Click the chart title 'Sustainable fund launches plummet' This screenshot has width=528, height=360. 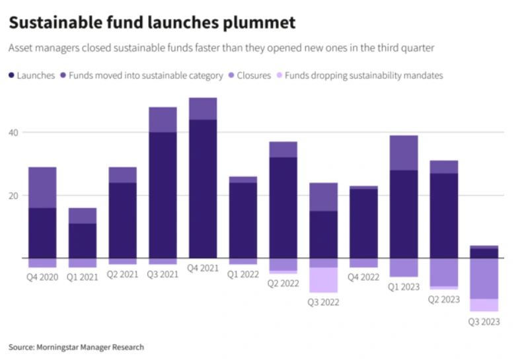coord(151,23)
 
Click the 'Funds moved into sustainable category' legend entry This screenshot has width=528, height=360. coord(141,75)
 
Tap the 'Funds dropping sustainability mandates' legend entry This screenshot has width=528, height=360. coord(362,75)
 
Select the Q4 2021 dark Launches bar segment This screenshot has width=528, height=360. coord(203,188)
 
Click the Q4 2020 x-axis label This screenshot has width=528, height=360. coord(42,277)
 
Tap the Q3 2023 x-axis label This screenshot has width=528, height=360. coord(484,322)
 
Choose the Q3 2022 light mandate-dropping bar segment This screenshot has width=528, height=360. coord(323,279)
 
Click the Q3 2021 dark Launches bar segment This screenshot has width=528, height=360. coord(163,195)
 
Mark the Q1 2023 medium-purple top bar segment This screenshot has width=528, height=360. coord(404,153)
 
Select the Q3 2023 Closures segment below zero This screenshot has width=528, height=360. coord(484,278)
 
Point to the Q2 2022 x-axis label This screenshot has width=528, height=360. coord(283,283)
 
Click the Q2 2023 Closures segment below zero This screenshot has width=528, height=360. coord(443,271)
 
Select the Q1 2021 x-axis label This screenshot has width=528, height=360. coord(82,277)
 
